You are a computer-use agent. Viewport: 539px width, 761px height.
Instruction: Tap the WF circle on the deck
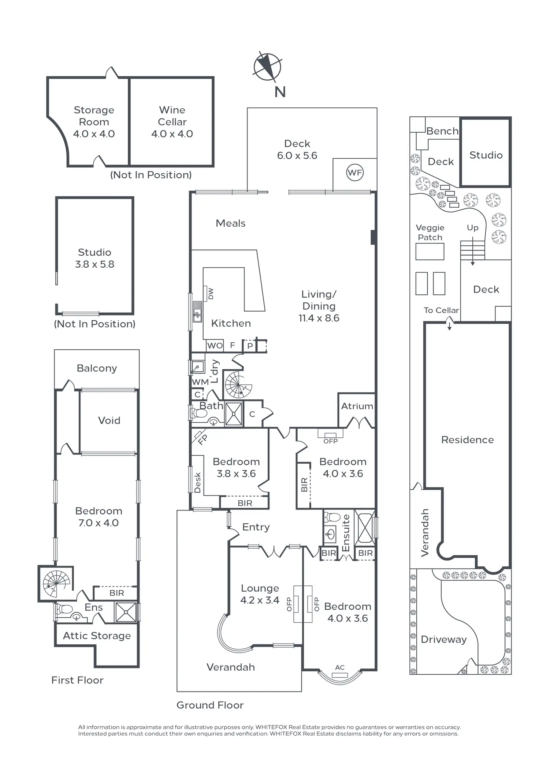point(355,173)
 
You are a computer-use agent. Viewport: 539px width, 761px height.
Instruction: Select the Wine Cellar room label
point(172,122)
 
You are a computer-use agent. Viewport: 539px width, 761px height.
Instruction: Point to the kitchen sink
point(197,312)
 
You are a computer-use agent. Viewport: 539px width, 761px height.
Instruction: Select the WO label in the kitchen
point(215,346)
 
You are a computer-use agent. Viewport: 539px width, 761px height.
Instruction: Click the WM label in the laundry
point(200,382)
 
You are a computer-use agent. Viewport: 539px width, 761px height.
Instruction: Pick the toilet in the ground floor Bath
point(199,414)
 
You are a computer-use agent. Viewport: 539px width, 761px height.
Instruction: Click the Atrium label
point(357,406)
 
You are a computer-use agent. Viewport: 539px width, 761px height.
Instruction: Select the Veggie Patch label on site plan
point(430,233)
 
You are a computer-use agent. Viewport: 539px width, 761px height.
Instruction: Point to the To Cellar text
point(441,310)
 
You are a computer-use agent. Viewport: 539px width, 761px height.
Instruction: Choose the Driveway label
point(444,639)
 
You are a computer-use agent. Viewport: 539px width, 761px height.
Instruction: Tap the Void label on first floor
point(109,421)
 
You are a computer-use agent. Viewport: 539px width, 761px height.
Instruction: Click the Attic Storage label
point(97,636)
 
